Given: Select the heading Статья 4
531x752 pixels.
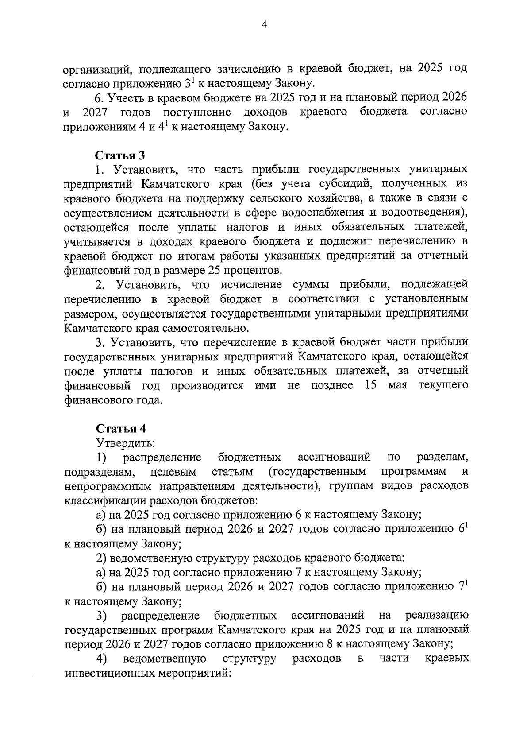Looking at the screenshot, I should pos(121,429).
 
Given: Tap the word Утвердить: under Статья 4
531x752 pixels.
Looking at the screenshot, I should pos(125,442).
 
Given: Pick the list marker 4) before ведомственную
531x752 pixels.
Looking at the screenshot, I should pos(102,659).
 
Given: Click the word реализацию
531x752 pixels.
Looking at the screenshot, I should pos(436,615).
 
